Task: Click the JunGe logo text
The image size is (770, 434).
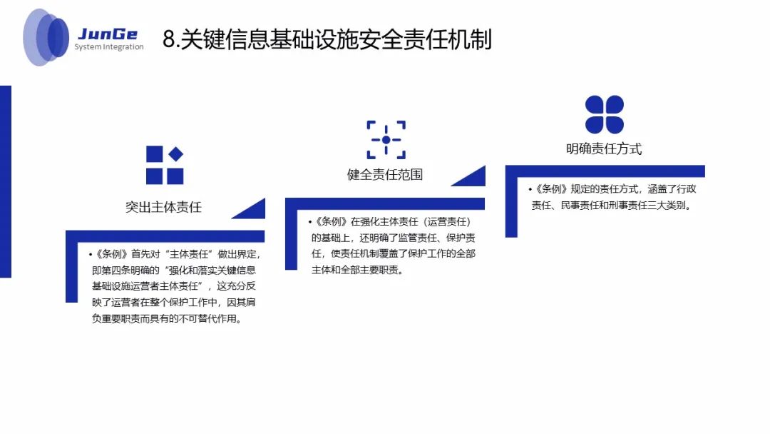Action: pos(108,34)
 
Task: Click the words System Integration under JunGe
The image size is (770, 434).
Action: pos(109,48)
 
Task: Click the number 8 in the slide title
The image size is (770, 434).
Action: pos(168,40)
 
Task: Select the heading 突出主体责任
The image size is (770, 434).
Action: pos(163,208)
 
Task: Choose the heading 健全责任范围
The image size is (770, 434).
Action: pos(385,174)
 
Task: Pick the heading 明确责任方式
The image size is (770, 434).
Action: pos(604,149)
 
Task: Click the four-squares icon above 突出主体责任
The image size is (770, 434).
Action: pos(165,166)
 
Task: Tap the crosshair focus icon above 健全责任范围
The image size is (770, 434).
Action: pos(386,140)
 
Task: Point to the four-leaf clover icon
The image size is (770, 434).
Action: pos(605,114)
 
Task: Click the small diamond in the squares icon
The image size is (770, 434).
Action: pos(175,154)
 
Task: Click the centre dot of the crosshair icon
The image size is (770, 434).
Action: pos(386,140)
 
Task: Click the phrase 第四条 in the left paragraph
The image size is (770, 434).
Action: pos(117,271)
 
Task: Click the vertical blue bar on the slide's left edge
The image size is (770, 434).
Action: pos(6,181)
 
